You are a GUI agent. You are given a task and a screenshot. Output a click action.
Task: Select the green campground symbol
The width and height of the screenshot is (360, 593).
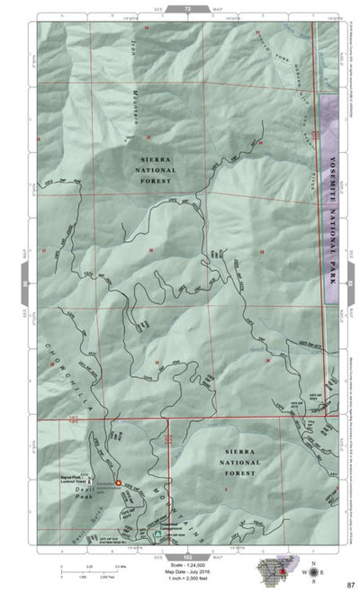158,533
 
